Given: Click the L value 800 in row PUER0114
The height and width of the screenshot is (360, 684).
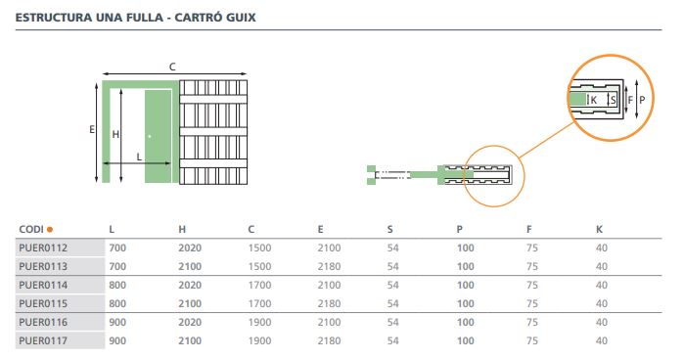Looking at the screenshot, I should (x=117, y=285).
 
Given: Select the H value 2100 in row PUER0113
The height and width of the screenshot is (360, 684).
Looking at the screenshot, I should (x=190, y=266).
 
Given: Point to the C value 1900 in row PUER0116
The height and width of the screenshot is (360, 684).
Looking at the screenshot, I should (x=260, y=322).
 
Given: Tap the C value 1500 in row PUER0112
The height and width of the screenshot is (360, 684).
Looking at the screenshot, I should (x=260, y=247).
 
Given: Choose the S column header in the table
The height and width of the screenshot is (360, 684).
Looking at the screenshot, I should (x=390, y=229).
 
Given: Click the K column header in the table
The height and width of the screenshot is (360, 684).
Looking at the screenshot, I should (x=599, y=229).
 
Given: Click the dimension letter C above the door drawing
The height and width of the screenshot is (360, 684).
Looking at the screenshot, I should (x=172, y=67).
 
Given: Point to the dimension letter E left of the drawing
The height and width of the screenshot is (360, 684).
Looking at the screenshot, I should (x=92, y=129).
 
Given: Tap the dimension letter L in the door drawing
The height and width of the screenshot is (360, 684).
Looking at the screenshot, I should (x=139, y=156).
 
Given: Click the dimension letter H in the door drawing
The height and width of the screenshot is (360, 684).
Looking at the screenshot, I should (x=114, y=134).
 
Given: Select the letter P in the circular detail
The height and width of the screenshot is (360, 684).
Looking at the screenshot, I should (x=642, y=101).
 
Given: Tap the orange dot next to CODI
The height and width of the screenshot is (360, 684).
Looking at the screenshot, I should (x=50, y=230).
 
